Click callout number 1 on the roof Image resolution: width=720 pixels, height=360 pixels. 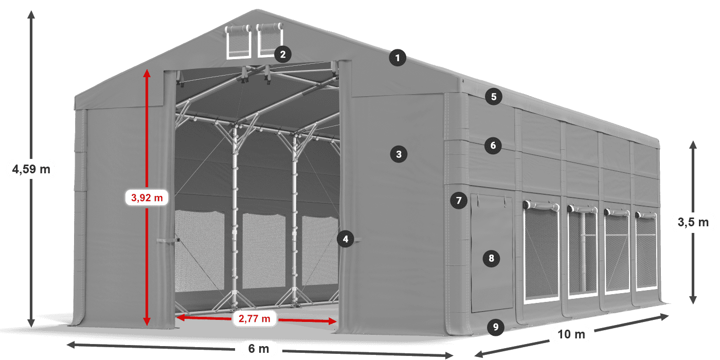398,58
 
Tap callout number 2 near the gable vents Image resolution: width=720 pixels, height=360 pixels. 283,54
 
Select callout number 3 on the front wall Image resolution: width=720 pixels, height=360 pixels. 399,154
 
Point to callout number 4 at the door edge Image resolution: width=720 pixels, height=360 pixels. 346,239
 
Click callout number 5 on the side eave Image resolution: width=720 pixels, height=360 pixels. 494,97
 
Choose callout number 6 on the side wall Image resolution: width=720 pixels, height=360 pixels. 493,145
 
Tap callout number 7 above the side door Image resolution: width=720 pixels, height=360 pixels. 459,201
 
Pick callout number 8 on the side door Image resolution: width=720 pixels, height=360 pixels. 491,258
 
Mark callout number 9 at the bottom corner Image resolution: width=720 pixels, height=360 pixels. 496,327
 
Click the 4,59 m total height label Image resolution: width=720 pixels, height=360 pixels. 31,169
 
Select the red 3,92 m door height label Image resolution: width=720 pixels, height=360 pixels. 147,197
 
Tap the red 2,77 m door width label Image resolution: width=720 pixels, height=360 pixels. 254,318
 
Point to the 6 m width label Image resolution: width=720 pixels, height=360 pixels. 258,349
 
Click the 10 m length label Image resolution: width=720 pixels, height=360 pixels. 571,334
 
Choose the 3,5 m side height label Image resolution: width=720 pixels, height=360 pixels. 693,222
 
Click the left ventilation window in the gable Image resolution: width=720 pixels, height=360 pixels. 238,42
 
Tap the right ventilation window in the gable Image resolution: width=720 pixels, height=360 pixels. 270,40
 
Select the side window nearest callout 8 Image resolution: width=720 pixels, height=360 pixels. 542,253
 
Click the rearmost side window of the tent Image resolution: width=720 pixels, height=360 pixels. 646,251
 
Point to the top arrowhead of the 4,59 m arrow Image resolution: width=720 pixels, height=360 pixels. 31,14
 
